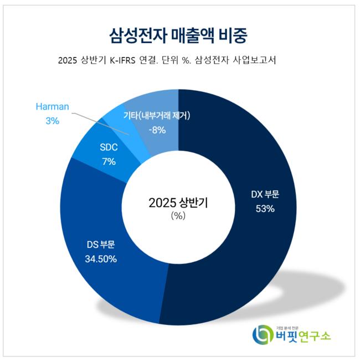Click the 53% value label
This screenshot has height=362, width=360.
point(265,209)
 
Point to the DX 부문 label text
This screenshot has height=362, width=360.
point(265,194)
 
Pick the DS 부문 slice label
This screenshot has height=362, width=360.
point(100,244)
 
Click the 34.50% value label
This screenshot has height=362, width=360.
point(101,258)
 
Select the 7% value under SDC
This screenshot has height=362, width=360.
point(109,162)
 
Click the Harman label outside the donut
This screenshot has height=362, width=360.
point(52,106)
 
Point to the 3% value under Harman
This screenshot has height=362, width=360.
point(52,120)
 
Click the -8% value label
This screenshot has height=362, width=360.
point(157,130)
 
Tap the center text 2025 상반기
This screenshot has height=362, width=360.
point(178,202)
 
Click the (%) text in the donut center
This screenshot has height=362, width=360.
point(178,216)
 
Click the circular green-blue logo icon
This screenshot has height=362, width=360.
point(262,334)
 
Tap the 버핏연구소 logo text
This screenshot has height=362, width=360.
point(302,336)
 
